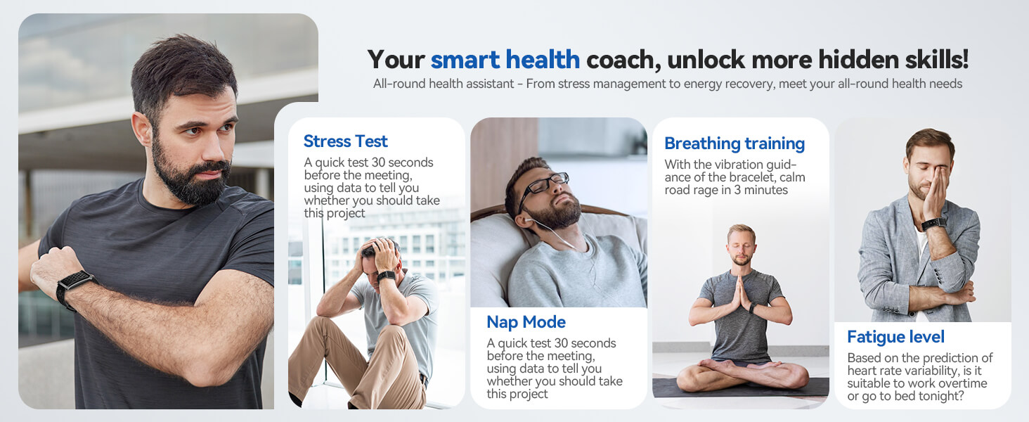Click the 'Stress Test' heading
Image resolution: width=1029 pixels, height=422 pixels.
345,141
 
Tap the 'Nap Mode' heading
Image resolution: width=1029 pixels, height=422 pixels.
526,322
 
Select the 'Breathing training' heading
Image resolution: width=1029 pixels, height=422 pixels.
734,143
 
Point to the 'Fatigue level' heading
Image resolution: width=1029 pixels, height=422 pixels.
895,337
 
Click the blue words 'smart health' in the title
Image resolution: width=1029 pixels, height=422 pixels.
505,60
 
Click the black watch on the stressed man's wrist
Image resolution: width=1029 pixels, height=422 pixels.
386,276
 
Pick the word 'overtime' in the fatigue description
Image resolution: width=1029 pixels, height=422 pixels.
962,383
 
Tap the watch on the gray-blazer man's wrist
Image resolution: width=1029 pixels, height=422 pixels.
933,224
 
